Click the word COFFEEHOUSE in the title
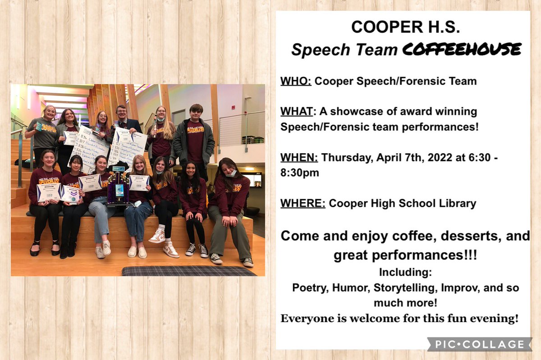pos(462,49)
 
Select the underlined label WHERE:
pos(303,203)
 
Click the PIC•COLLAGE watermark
pos(479,344)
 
